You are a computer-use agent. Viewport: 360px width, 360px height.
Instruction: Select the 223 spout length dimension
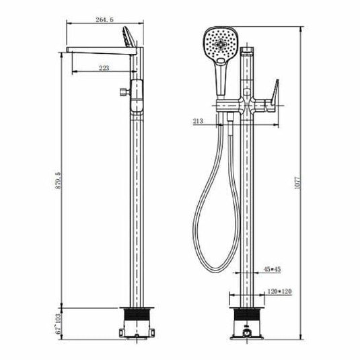tap(104, 67)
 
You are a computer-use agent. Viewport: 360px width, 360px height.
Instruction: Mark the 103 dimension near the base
tap(57, 316)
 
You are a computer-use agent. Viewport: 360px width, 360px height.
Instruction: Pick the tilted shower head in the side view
tap(128, 36)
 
